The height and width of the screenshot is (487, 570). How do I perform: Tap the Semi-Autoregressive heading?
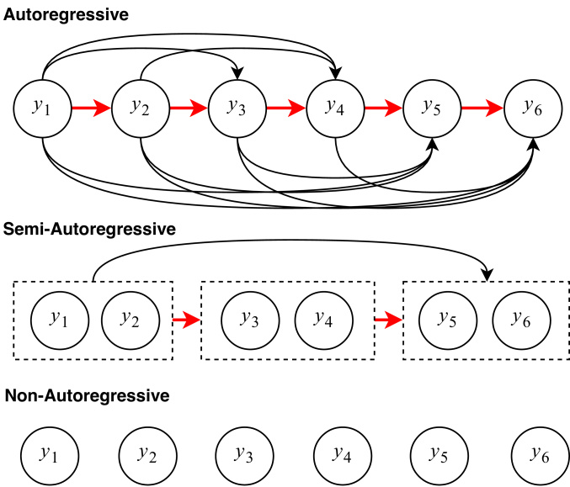89,230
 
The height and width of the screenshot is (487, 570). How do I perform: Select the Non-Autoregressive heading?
88,395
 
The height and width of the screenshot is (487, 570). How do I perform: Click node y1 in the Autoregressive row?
43,109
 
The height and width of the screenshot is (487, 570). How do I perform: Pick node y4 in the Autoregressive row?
335,109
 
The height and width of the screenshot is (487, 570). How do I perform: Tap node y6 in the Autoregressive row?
533,109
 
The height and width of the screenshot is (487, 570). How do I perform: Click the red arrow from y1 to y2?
91,108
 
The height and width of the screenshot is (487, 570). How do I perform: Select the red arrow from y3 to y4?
286,108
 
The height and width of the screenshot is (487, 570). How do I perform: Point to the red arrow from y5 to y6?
482,108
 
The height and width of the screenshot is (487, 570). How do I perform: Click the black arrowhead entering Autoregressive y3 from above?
237,74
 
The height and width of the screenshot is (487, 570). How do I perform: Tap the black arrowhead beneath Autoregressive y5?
433,144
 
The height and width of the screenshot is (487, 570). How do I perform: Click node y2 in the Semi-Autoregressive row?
131,320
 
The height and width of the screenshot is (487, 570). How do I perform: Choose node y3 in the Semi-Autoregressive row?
250,320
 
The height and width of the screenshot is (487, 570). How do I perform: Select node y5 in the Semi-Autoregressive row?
448,320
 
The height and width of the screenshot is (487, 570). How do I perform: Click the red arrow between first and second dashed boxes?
186,320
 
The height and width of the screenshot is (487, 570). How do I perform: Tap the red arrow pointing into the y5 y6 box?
389,320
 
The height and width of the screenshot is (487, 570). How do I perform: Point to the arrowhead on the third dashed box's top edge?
487,275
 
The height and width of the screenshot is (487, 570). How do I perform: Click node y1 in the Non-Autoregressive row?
50,455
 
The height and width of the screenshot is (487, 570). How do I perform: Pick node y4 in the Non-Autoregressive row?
343,455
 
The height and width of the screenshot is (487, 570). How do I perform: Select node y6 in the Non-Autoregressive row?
541,455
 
